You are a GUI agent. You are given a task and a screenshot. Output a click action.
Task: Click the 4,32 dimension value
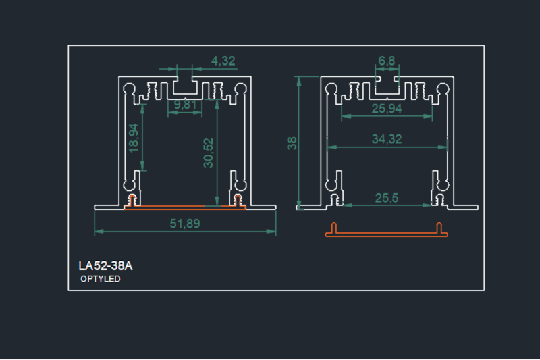(223, 61)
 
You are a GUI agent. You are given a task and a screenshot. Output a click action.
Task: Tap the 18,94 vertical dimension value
(134, 137)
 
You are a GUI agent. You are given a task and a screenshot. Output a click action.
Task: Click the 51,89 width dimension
(184, 224)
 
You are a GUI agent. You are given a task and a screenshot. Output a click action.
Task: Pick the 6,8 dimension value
(387, 61)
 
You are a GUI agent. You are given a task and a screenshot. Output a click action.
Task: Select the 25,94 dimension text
(387, 108)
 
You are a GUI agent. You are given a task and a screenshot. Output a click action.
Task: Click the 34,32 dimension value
(387, 139)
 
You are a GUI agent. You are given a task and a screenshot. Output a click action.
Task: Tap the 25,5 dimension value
(387, 197)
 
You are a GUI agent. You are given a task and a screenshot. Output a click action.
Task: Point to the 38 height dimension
(292, 143)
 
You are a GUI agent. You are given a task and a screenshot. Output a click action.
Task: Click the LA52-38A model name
(105, 266)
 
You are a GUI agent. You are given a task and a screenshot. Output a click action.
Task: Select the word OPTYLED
(101, 279)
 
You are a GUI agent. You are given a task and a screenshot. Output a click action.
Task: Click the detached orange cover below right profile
(387, 233)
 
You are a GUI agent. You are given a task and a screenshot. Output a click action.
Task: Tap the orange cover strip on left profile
(184, 205)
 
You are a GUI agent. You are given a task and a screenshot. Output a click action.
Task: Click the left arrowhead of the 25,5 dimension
(341, 204)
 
